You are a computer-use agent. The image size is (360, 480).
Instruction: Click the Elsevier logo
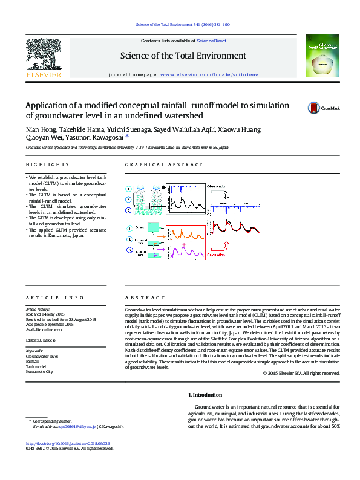pos(42,57)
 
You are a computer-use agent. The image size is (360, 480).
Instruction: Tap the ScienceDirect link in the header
pos(212,41)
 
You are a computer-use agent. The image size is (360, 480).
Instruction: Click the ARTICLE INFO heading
pos(48,298)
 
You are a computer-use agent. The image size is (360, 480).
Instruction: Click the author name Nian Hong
pos(39,129)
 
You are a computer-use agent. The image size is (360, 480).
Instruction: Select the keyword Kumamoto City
pos(39,372)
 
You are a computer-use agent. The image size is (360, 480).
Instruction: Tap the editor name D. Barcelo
pos(45,341)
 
